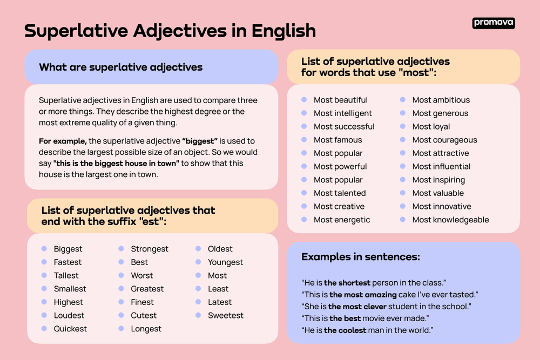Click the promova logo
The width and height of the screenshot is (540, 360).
pyautogui.click(x=494, y=23)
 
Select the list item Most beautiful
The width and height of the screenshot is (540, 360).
pyautogui.click(x=340, y=100)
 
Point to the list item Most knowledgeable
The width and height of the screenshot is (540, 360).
pyautogui.click(x=450, y=220)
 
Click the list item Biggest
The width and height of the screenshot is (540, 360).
pyautogui.click(x=68, y=249)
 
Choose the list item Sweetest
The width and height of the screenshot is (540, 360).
pyautogui.click(x=226, y=315)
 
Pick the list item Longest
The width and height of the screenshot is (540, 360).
pyautogui.click(x=146, y=329)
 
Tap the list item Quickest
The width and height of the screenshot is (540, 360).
pyautogui.click(x=70, y=329)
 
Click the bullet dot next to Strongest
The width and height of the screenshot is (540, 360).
pyautogui.click(x=122, y=249)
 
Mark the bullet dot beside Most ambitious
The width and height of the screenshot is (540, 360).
pyautogui.click(x=403, y=100)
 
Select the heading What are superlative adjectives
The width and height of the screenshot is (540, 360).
pyautogui.click(x=121, y=67)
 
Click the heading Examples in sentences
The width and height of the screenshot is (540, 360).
pyautogui.click(x=361, y=257)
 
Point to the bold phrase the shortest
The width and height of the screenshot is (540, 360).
pyautogui.click(x=347, y=283)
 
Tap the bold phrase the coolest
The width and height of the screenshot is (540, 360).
pyautogui.click(x=345, y=330)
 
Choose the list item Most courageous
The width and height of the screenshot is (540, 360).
pyautogui.click(x=444, y=140)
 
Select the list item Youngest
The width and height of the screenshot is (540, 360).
pyautogui.click(x=225, y=262)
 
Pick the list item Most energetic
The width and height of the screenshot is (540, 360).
pyautogui.click(x=342, y=220)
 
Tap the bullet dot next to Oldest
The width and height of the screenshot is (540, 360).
pyautogui.click(x=199, y=249)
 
